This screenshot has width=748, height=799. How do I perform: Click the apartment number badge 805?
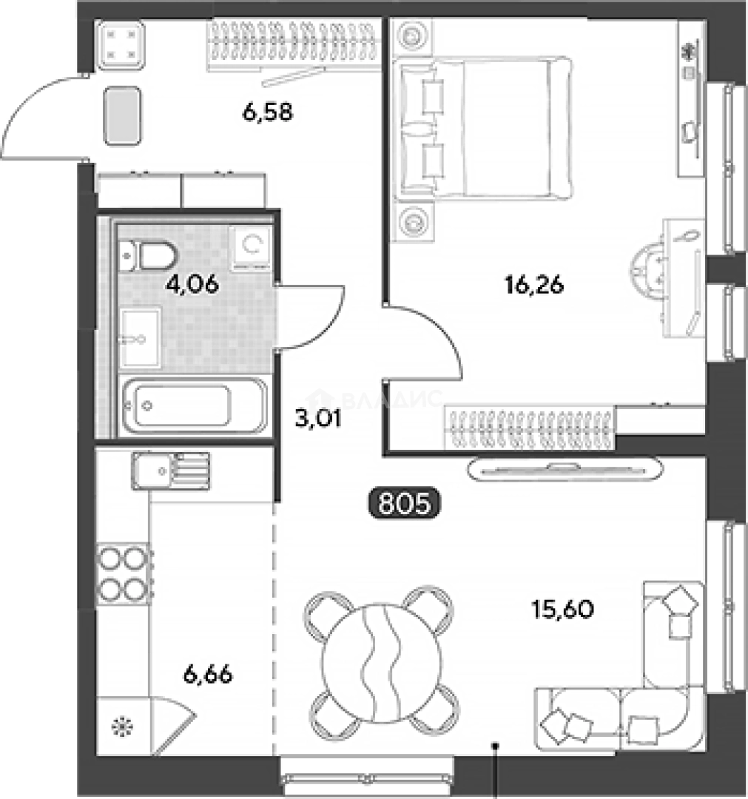pos(404,503)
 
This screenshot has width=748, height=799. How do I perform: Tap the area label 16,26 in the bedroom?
pos(534,285)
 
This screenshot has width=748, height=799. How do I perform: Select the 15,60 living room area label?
pos(562,609)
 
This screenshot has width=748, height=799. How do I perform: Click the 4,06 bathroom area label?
pos(192,284)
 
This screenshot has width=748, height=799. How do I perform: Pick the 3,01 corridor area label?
pos(318,418)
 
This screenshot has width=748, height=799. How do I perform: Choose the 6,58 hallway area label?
pos(268,112)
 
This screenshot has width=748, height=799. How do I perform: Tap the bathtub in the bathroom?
pos(195,406)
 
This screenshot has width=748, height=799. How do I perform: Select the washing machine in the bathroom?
pos(250,248)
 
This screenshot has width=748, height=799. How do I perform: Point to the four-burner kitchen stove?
pos(124,574)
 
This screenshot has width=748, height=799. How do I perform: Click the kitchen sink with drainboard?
pos(171,471)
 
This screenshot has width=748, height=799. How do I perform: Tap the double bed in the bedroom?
pos(484,127)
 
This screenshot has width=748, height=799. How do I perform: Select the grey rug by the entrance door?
pos(122,115)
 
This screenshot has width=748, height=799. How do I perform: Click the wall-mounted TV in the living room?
pos(565,469)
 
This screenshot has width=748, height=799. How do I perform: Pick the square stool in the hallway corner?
pos(121,45)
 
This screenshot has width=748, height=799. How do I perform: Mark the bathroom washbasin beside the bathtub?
pos(141,338)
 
